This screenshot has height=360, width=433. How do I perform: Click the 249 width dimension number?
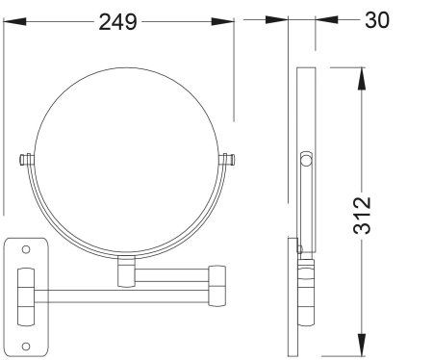click(117, 22)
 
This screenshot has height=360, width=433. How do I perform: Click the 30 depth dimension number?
click(377, 20)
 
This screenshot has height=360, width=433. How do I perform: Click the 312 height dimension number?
click(362, 215)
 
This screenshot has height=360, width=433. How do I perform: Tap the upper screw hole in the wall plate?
click(26, 249)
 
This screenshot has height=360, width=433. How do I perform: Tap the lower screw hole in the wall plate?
click(26, 347)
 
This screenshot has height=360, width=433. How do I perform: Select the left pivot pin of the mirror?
click(26, 160)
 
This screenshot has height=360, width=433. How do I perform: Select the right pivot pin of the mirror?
click(227, 160)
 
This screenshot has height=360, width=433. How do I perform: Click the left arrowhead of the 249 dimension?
click(14, 22)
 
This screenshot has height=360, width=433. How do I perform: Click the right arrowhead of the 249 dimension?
click(222, 22)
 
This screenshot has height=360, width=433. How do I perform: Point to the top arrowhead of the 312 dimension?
click(362, 79)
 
